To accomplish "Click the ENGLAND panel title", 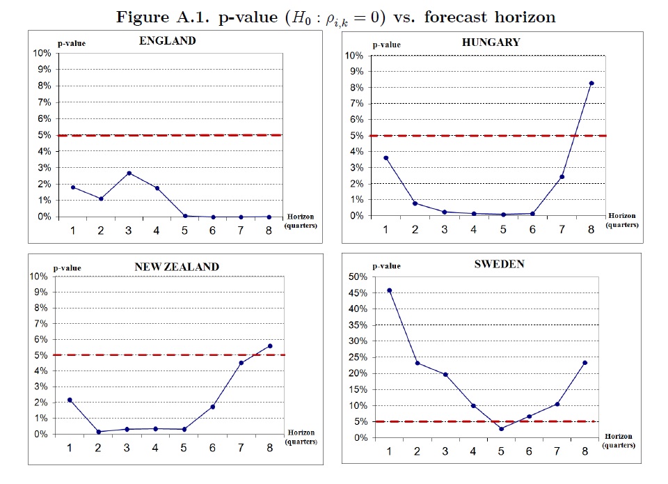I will (x=167, y=41).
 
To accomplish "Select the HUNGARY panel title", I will (x=491, y=42).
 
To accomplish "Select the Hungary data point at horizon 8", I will (x=591, y=83).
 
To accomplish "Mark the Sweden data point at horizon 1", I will (x=389, y=290).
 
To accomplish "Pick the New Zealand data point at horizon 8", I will (x=270, y=345).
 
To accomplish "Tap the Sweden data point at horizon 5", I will (x=500, y=428).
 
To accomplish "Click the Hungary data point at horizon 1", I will (x=386, y=158).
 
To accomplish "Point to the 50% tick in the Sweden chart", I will (x=357, y=277).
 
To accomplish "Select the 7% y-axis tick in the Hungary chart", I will (x=357, y=103).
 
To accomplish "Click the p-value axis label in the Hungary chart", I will (x=386, y=45).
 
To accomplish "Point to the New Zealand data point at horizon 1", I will (x=70, y=400).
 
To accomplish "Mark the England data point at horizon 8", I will (x=269, y=217).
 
